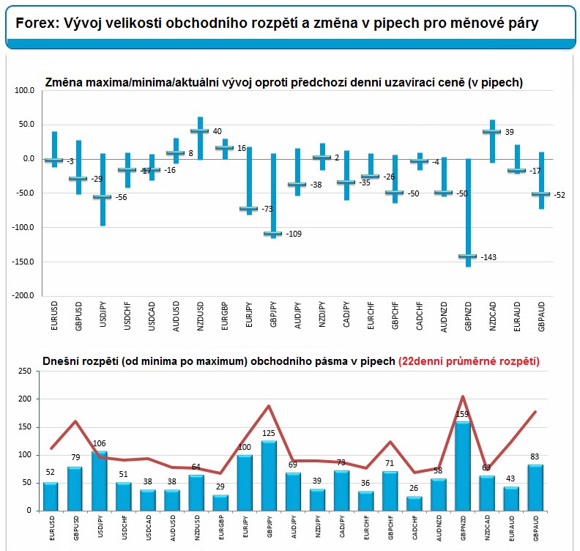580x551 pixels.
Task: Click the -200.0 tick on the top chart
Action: tap(23, 295)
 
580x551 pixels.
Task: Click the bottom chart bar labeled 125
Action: tap(269, 475)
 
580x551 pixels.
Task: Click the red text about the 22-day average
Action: tap(469, 361)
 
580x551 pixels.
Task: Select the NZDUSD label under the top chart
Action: tap(199, 316)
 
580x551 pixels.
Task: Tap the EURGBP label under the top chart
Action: tap(223, 316)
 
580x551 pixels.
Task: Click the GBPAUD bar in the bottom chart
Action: tap(535, 487)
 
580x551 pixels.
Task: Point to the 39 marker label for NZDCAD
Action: tap(509, 132)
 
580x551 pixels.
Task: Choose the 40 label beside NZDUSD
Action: tap(217, 131)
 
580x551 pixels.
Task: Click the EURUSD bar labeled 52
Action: tap(51, 496)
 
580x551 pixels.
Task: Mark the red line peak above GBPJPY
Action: tap(269, 406)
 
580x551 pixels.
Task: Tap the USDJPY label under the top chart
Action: tap(103, 316)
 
